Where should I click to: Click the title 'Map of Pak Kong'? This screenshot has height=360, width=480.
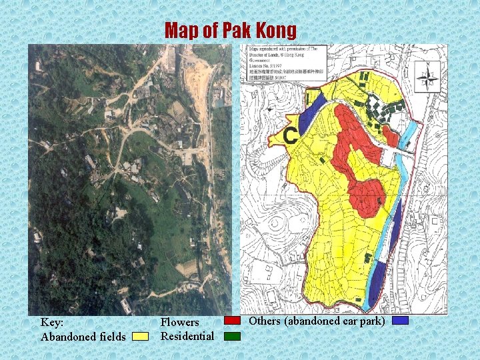click(x=231, y=30)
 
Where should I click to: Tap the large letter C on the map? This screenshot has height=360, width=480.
click(x=290, y=136)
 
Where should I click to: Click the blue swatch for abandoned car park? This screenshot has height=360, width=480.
click(x=400, y=321)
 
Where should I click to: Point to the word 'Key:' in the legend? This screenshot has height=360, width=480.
click(x=53, y=322)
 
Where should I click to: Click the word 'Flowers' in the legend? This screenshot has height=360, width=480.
click(x=180, y=323)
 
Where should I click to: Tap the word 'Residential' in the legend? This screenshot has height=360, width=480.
click(x=187, y=335)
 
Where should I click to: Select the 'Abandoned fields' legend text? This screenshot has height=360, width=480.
click(x=83, y=337)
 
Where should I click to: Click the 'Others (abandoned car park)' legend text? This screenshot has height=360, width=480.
click(x=317, y=321)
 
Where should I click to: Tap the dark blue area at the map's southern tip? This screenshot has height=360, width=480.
click(x=378, y=280)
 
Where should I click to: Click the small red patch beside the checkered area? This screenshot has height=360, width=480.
click(x=391, y=137)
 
